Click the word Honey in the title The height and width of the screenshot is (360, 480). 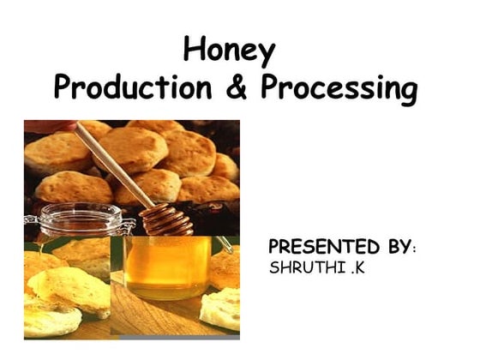(230, 51)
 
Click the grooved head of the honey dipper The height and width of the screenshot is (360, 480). (167, 219)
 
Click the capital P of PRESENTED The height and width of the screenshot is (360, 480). (275, 248)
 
